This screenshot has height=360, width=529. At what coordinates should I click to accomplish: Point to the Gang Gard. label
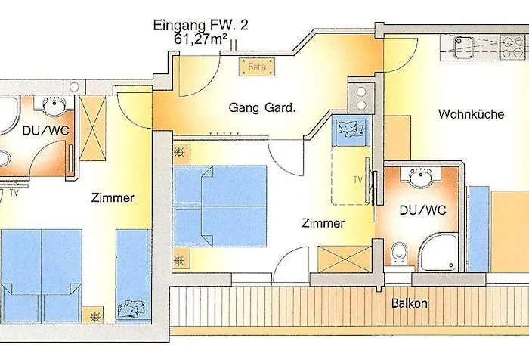(262, 108)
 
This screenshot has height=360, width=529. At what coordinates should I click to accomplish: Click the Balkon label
(410, 303)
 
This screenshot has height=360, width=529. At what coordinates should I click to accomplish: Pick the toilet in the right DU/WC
(401, 254)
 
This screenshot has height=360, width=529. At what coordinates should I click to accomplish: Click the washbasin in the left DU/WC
(52, 105)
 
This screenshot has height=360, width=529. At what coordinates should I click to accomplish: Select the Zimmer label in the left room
(113, 198)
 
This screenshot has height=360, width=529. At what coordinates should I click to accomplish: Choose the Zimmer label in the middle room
(323, 224)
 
